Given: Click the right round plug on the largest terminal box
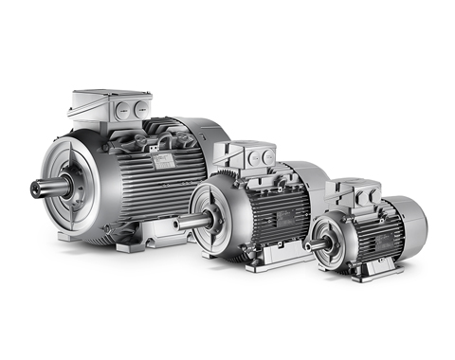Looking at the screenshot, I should pyautogui.click(x=141, y=108).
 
